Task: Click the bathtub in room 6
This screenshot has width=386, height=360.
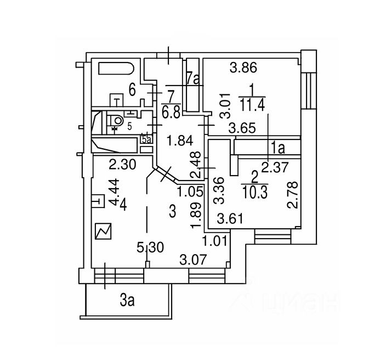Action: click(x=115, y=71)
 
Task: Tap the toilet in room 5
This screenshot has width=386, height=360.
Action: click(x=116, y=120)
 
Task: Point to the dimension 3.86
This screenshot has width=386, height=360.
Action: click(x=243, y=69)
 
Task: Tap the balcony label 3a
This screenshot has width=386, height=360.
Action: click(x=128, y=300)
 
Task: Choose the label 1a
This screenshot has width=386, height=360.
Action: click(x=277, y=147)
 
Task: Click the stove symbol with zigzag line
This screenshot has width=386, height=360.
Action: click(x=103, y=232)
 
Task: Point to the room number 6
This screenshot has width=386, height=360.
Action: click(x=132, y=88)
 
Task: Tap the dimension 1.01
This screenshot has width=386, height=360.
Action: click(x=214, y=240)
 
